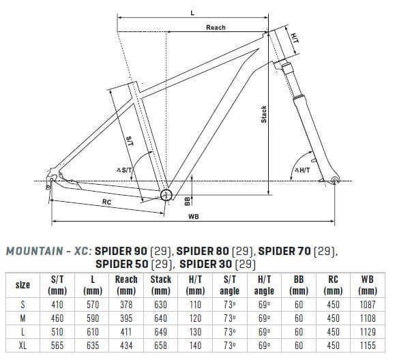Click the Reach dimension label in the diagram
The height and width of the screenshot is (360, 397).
(216, 27)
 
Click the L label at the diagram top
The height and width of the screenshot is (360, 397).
(193, 12)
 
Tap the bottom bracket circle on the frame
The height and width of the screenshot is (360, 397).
(166, 196)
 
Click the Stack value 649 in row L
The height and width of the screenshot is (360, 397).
(161, 332)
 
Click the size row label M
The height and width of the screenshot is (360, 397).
(23, 318)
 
